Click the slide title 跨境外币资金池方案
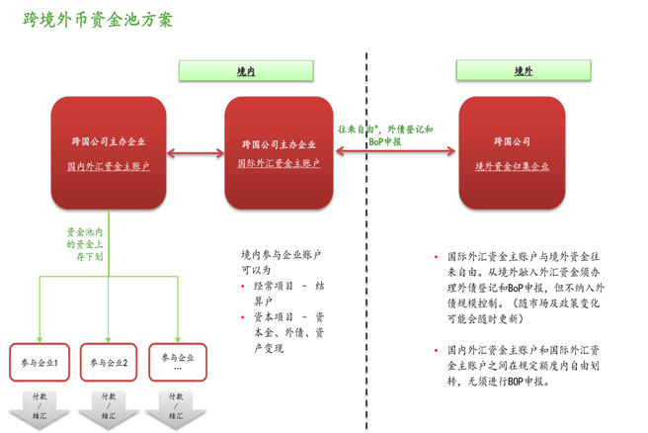[98, 20]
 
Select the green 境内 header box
[246, 71]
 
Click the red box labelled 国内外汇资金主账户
[109, 153]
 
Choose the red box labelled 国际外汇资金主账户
[279, 153]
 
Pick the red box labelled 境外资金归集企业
[512, 153]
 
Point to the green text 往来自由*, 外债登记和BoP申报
[385, 135]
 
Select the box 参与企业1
[40, 362]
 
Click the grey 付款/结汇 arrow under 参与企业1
[40, 405]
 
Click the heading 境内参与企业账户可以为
[281, 261]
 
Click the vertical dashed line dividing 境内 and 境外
[366, 247]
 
